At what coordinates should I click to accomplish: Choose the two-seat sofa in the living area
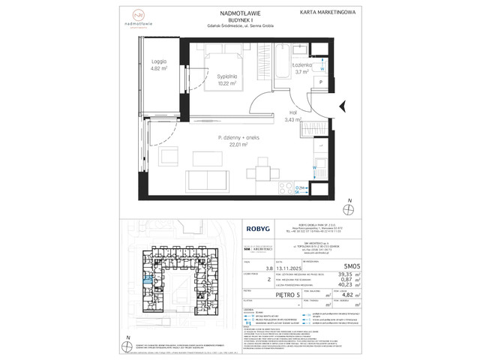click(x=205, y=180)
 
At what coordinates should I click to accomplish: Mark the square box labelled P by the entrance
click(x=321, y=82)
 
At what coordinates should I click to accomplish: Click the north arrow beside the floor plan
click(x=350, y=208)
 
